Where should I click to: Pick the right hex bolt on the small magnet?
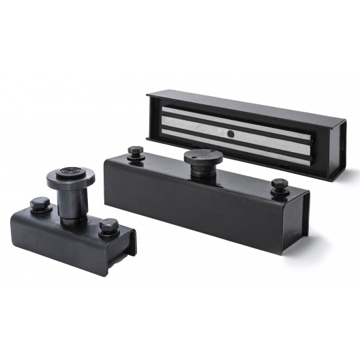click(108, 226)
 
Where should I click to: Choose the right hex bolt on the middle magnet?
click(279, 185)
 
